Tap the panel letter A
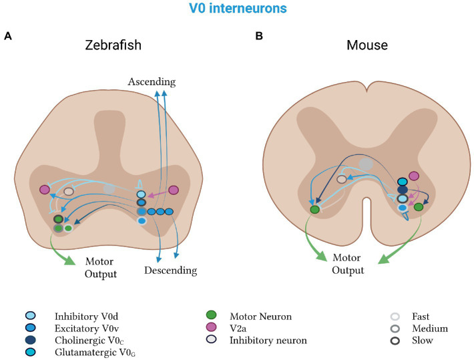coord(8,36)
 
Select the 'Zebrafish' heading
coord(114,47)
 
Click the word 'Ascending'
coord(153,82)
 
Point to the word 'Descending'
coord(170,271)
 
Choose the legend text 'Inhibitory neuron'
coord(266,340)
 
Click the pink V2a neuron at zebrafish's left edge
coord(45,190)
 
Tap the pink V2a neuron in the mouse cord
coord(413,176)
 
